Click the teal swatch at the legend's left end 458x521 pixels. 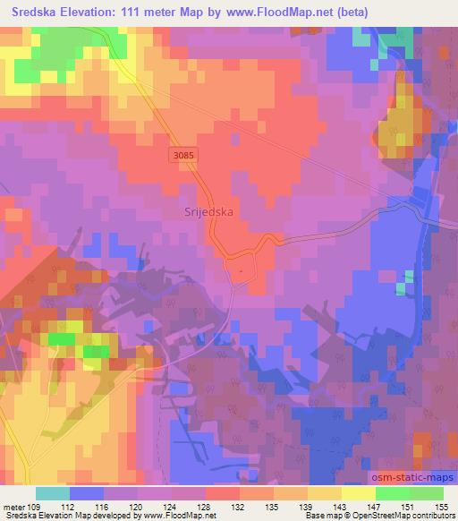coord(53,493)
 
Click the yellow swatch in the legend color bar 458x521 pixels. coord(357,493)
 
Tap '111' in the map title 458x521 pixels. coord(138,12)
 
